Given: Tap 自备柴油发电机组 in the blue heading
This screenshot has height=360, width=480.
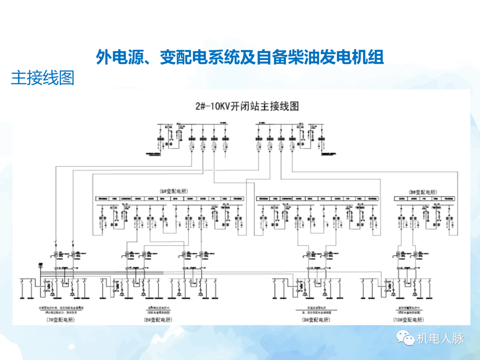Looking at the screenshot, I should (320, 57).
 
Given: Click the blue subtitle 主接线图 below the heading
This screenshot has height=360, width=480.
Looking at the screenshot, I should (42, 78).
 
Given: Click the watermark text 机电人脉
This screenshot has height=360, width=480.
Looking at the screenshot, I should (440, 339).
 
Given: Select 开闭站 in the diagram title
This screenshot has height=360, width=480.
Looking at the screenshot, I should (254, 107).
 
